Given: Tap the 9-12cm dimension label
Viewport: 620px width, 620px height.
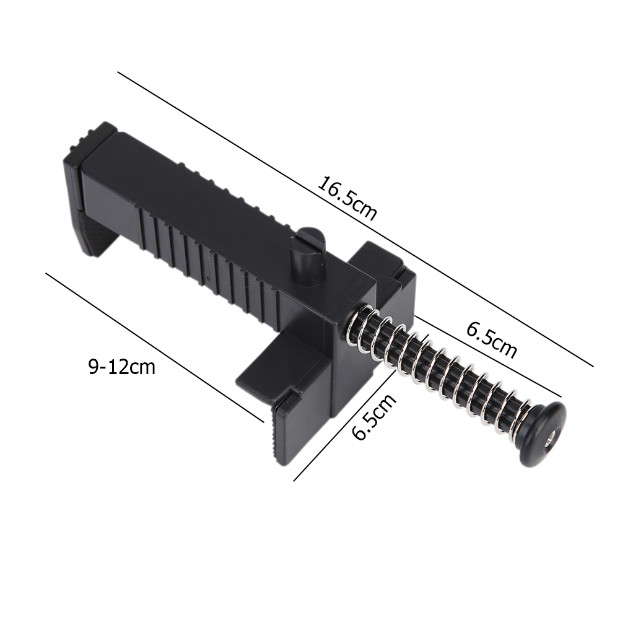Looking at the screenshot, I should click(x=121, y=367).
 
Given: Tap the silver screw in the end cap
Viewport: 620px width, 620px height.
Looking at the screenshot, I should click(x=550, y=442).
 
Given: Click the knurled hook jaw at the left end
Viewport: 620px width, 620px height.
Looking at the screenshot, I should click(x=93, y=232).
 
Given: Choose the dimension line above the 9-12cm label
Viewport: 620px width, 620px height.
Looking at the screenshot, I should click(x=155, y=347).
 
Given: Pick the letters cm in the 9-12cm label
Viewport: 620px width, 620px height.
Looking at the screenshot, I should click(x=142, y=367).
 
